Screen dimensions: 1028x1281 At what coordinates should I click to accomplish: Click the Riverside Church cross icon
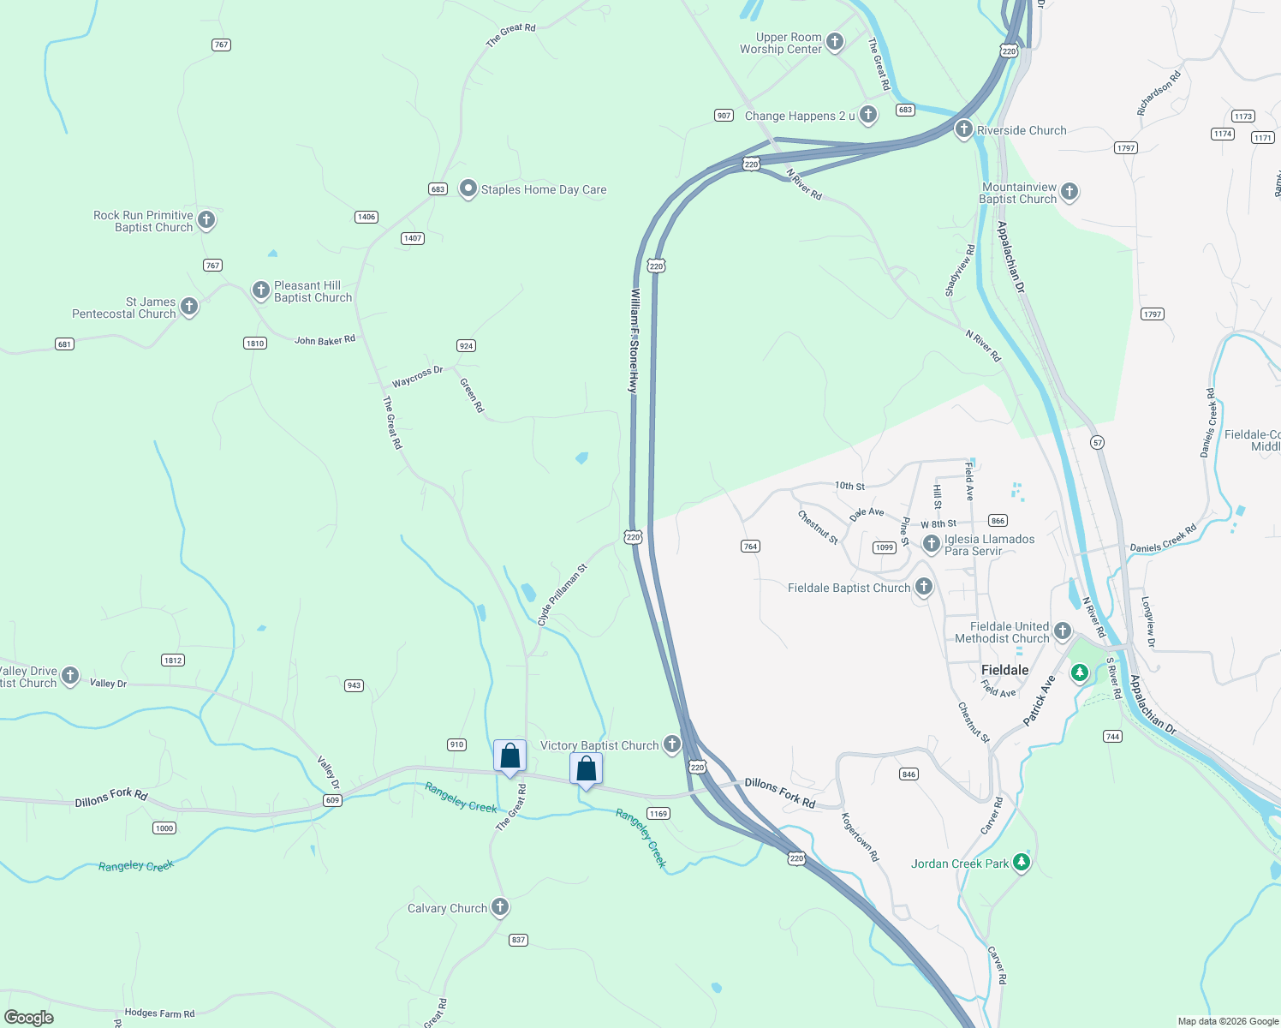963,129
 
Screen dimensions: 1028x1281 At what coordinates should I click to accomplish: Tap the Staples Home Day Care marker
468,189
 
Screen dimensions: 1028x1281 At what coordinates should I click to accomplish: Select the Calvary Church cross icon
500,907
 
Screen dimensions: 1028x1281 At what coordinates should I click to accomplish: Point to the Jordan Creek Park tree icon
1021,862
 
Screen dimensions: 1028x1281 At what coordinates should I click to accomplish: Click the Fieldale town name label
1004,670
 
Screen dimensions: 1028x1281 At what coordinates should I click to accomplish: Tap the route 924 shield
466,346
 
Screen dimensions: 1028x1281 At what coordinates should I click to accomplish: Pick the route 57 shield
1097,443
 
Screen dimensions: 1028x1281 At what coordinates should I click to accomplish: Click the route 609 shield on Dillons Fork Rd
332,800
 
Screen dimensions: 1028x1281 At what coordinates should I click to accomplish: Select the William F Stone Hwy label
634,341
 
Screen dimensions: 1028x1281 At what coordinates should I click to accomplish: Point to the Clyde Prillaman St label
562,595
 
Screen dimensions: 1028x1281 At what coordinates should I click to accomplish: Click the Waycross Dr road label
417,376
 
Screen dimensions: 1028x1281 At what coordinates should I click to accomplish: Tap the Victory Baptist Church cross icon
672,744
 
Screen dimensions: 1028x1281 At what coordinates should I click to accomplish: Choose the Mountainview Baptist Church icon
1069,192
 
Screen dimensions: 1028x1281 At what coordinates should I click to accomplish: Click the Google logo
28,1017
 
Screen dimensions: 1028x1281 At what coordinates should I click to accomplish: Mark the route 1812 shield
173,660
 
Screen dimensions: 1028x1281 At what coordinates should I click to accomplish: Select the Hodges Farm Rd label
159,1013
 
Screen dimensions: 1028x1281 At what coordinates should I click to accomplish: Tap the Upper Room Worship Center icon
835,42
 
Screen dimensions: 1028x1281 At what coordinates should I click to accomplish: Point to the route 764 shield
750,546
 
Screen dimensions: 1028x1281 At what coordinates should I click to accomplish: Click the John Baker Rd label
325,340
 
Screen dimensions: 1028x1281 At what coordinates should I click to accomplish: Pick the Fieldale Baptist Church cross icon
923,587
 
